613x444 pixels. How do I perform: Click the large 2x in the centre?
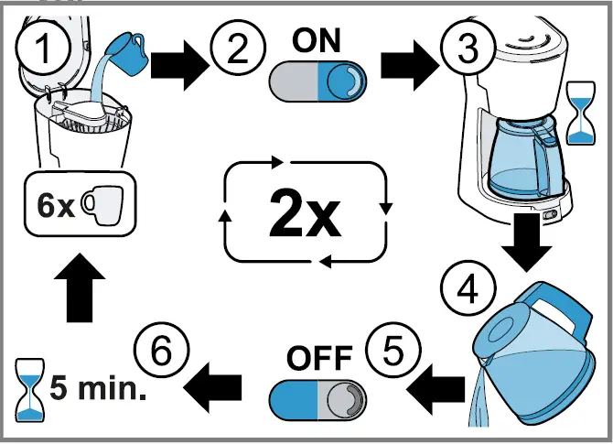(304, 213)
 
